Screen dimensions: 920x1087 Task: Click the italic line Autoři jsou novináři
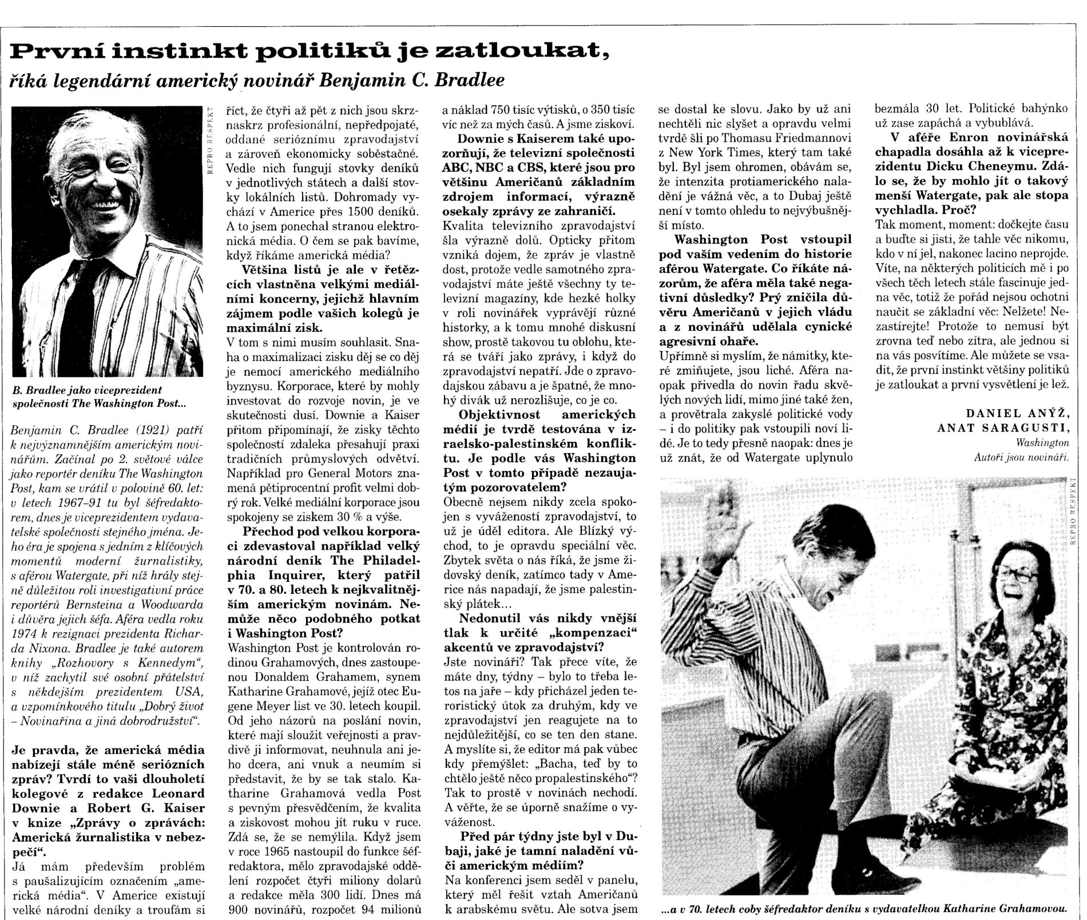(x=1021, y=457)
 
